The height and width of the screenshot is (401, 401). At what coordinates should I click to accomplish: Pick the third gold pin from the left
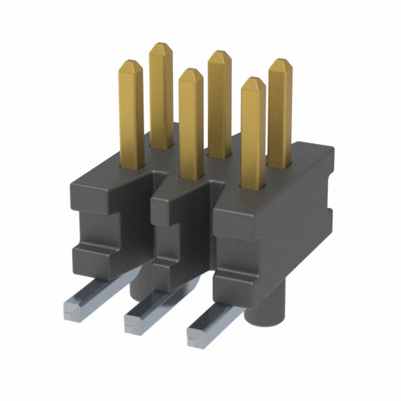pyautogui.click(x=190, y=125)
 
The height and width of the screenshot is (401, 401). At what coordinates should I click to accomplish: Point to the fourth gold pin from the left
pyautogui.click(x=220, y=100)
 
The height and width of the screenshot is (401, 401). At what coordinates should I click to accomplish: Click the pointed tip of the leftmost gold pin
pyautogui.click(x=132, y=63)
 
